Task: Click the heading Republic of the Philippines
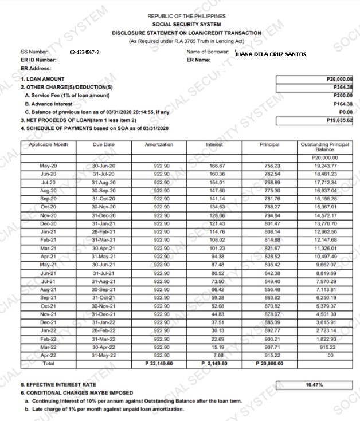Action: tap(186, 17)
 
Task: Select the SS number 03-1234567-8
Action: tap(84, 52)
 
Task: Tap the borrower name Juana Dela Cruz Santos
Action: tap(271, 54)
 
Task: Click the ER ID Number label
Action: tap(38, 60)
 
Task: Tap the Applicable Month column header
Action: tap(48, 145)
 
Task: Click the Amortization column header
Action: tap(159, 145)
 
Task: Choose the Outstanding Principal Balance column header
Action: tap(324, 147)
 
